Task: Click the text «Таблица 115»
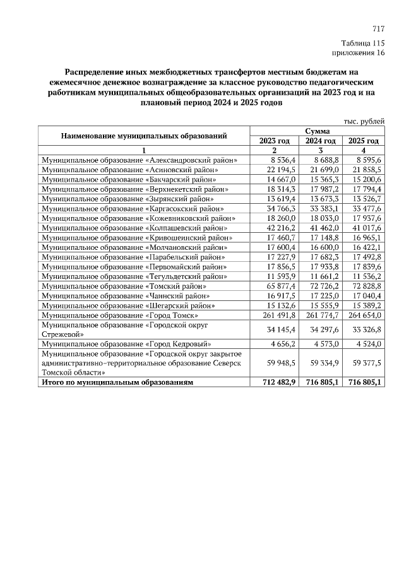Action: (362, 43)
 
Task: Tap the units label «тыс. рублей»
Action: (364, 121)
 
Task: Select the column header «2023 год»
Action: (275, 141)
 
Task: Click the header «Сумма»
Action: (318, 131)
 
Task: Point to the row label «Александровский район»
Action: (140, 161)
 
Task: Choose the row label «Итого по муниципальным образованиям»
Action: (117, 382)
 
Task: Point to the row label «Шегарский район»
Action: (120, 305)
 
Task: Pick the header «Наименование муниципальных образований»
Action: (144, 136)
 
